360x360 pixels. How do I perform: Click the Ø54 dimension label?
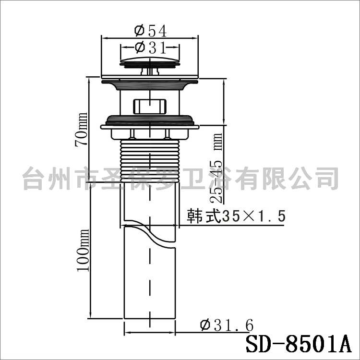tap(150, 31)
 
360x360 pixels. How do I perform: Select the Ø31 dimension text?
tap(150, 48)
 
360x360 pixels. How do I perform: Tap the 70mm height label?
tap(81, 129)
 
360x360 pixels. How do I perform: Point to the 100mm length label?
tap(83, 250)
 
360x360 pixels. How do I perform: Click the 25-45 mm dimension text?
tap(216, 168)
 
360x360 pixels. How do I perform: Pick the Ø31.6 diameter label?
tap(227, 325)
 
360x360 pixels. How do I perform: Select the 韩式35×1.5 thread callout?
tap(236, 216)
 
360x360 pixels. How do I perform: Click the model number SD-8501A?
tap(299, 344)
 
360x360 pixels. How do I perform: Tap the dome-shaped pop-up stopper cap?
tap(150, 62)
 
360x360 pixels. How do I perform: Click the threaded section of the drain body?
tap(150, 161)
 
